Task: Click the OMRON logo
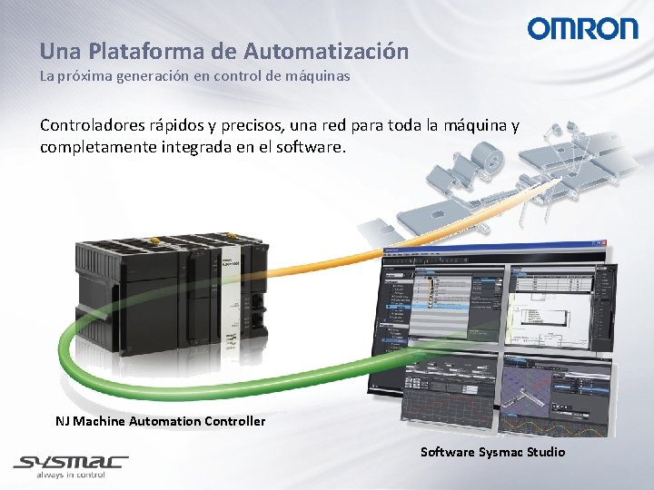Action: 583,29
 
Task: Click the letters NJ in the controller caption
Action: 62,421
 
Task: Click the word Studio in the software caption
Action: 547,452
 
